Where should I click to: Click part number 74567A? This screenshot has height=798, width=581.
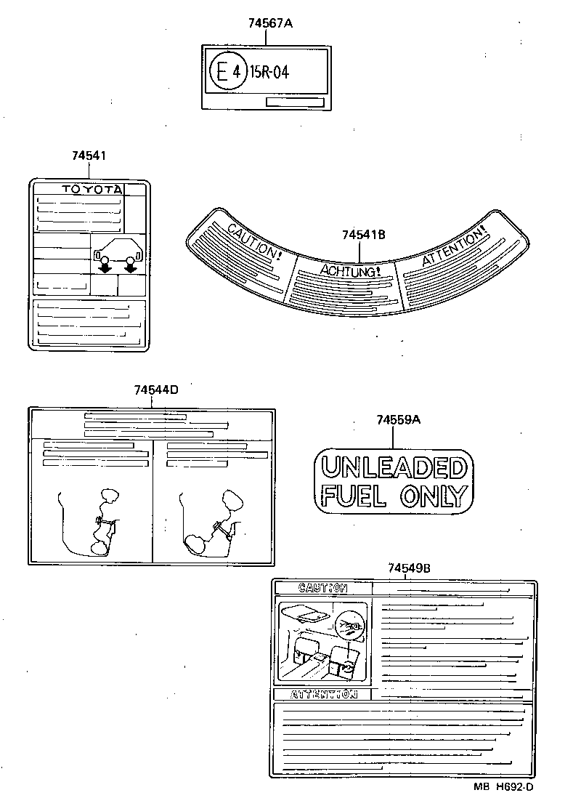[269, 23]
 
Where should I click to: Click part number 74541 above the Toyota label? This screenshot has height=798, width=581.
[89, 156]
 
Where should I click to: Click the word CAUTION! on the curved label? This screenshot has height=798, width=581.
[254, 243]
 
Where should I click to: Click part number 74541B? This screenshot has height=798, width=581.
[363, 235]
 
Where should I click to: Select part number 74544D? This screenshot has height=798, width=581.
[155, 390]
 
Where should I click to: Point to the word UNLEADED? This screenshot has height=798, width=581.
[393, 467]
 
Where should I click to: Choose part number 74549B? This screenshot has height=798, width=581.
[409, 568]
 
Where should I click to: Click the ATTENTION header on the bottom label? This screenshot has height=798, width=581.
[323, 694]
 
